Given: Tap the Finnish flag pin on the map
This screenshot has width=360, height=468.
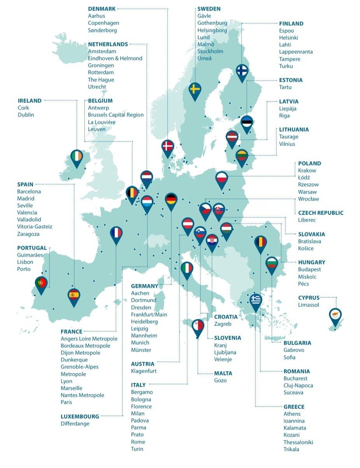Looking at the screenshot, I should [x=242, y=72].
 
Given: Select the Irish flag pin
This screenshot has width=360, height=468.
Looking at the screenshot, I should [x=77, y=157].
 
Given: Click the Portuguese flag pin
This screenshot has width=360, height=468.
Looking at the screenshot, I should [x=41, y=283].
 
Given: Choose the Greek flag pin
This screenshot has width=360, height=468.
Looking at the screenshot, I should [x=255, y=301].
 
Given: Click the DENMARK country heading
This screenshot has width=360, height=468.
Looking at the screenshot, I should [x=102, y=9].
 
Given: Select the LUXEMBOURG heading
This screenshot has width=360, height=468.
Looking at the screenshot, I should [x=80, y=416].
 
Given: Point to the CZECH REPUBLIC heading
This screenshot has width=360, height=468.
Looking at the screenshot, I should [x=321, y=213].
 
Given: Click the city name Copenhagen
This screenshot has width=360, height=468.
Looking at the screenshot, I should [x=104, y=23].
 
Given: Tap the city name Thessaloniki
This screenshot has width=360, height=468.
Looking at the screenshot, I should [x=298, y=442].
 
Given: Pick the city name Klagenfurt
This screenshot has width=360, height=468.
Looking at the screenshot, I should [x=144, y=371].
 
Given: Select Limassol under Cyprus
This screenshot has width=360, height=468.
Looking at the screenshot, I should [x=308, y=305].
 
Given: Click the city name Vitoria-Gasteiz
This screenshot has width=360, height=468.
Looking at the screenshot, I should [x=35, y=227].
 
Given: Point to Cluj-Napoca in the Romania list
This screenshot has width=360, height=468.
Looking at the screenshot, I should [x=298, y=385].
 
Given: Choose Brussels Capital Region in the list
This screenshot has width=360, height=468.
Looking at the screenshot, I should [x=116, y=115].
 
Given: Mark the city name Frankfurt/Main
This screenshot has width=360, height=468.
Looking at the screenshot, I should [x=149, y=315].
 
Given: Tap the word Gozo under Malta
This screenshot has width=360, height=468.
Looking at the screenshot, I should [x=220, y=380].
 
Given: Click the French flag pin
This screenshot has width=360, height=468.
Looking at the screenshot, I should [x=116, y=234].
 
